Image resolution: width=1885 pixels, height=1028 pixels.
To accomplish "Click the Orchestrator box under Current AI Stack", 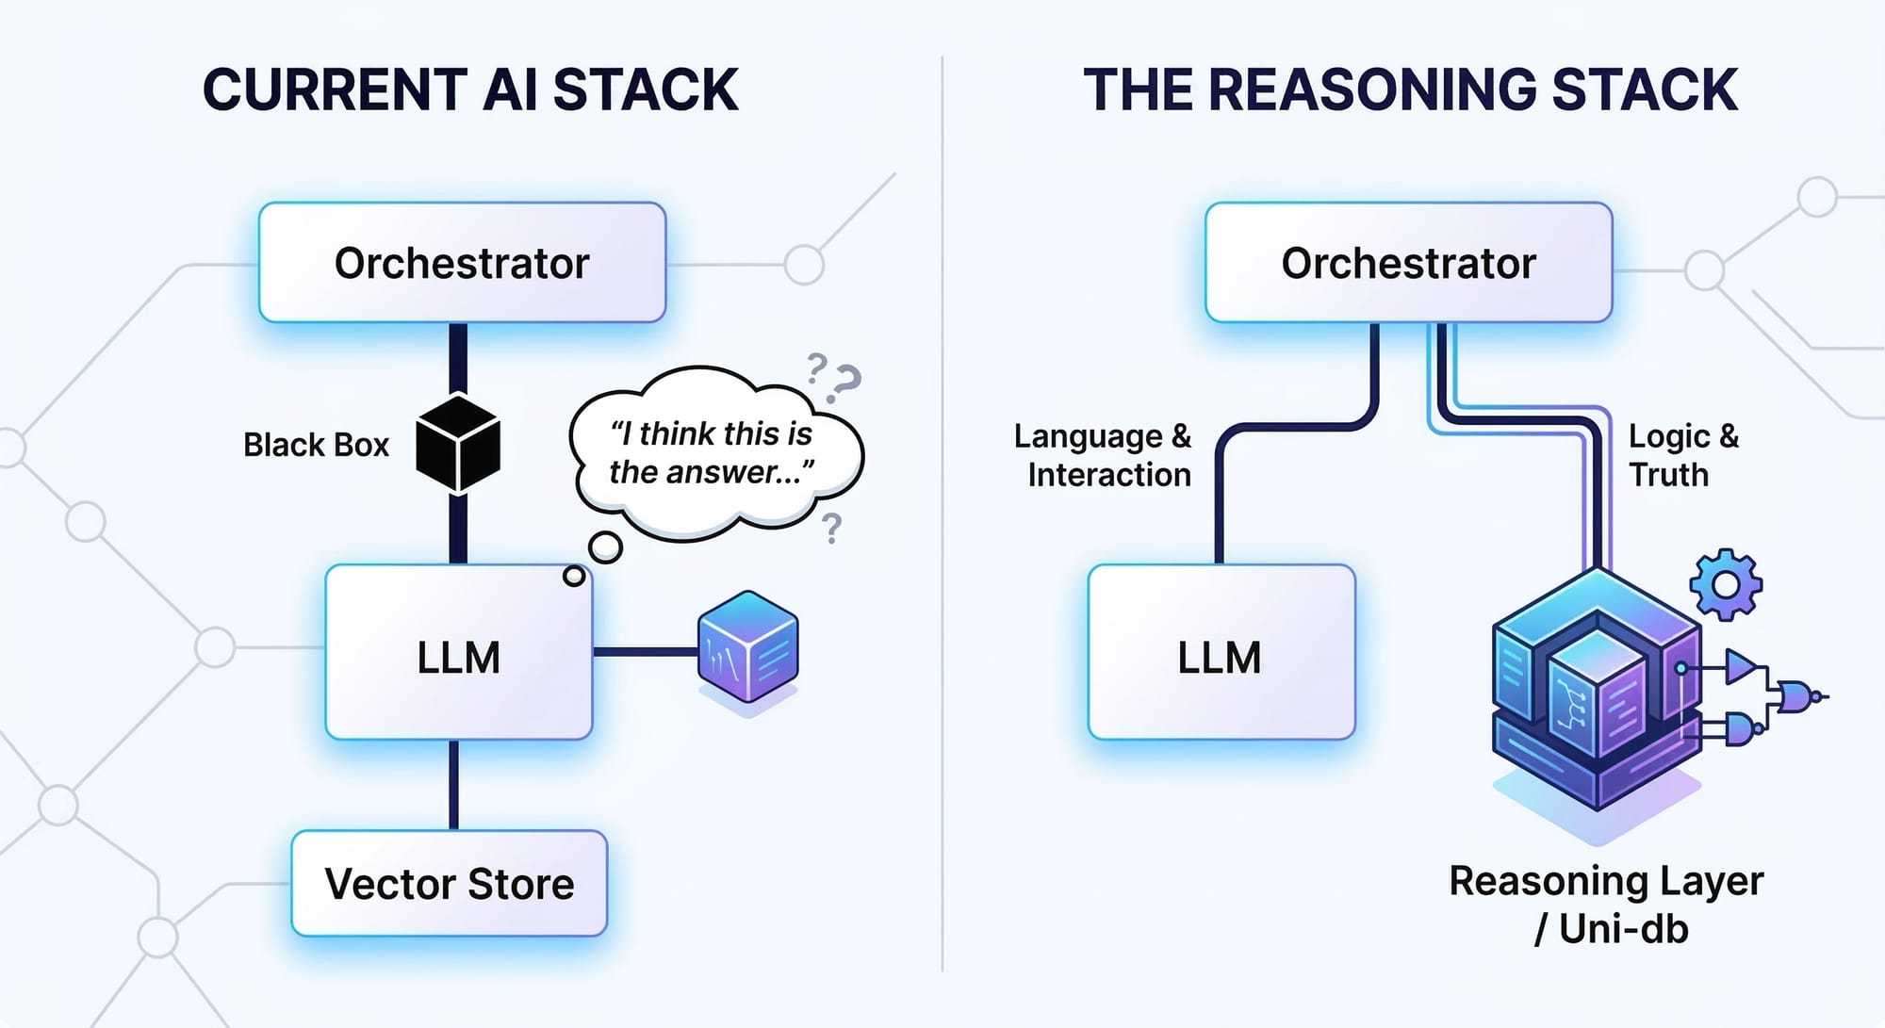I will coord(462,263).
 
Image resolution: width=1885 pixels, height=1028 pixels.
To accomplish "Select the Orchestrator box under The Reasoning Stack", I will coord(1408,263).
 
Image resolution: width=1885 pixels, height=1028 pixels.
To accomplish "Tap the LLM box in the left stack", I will coord(458,653).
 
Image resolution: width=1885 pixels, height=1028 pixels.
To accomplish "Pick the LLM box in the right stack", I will coord(1221,653).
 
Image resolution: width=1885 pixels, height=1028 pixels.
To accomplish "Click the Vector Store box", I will coord(449,884).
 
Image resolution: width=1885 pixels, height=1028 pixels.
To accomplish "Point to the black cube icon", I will coord(458,443).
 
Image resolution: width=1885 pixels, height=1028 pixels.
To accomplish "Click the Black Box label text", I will coord(316,445).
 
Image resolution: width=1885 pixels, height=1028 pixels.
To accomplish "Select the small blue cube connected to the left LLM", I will coord(747,647).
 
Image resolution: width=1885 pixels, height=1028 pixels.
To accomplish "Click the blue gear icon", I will coord(1725,585).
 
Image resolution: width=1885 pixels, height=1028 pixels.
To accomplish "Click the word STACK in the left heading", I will coord(645,90).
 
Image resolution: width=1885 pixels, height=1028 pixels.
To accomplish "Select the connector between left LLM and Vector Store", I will coord(454,784).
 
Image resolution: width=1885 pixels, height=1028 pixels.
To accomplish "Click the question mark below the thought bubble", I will coord(831,529).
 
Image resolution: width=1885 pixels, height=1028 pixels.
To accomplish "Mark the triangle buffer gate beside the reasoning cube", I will coord(1740,667).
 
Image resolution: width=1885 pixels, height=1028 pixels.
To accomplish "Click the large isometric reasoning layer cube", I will coord(1597,693).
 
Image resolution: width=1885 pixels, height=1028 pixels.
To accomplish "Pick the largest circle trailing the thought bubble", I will coord(605,547).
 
